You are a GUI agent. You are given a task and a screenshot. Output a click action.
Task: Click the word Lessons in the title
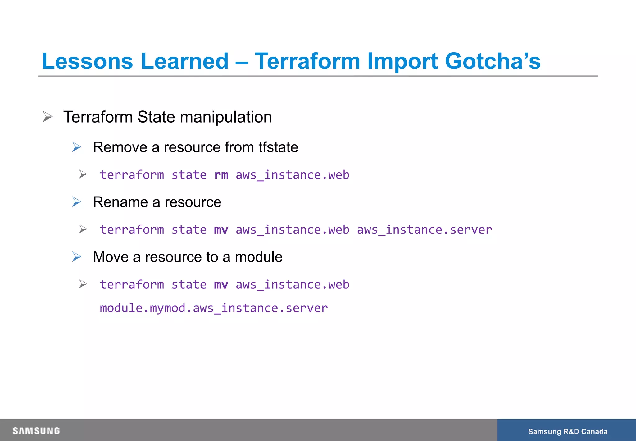point(87,61)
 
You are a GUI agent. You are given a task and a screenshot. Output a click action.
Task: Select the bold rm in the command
point(221,175)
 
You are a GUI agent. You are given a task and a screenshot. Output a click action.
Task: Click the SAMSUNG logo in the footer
point(36,431)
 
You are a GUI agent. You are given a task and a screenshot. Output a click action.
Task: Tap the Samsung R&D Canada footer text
point(567,431)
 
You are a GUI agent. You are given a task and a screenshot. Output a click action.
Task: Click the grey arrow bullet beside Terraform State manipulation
point(48,117)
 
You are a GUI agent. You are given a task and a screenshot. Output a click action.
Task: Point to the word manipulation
point(226,117)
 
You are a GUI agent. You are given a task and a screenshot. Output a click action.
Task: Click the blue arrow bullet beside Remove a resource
point(77,147)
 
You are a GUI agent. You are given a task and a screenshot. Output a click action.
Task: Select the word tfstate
point(278,147)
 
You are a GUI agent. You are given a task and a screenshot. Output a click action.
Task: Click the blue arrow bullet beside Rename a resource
point(77,202)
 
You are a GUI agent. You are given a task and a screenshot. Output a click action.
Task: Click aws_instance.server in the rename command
point(424,230)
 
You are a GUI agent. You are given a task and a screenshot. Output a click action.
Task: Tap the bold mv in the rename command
point(221,230)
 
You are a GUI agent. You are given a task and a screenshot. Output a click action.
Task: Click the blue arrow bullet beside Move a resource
point(77,257)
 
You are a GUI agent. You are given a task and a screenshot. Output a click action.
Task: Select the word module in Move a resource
point(258,257)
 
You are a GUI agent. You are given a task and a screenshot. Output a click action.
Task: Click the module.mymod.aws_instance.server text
point(214,308)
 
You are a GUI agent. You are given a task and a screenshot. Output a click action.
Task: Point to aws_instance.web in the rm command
point(292,175)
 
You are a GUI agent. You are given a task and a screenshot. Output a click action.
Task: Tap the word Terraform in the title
point(307,61)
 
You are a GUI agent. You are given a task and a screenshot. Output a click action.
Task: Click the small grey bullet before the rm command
point(83,174)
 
